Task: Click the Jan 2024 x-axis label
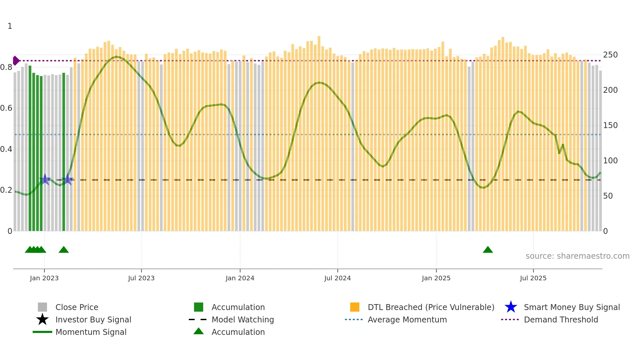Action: (x=240, y=278)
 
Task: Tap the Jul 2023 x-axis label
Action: (x=141, y=278)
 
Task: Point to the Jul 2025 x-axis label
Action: (x=533, y=278)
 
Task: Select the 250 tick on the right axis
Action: (x=610, y=55)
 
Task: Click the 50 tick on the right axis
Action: (x=608, y=196)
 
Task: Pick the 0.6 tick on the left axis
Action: (x=6, y=108)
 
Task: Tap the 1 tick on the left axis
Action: (x=10, y=26)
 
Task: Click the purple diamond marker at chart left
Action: (x=16, y=61)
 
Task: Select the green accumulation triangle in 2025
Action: (x=488, y=250)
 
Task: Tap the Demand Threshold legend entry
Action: (x=561, y=320)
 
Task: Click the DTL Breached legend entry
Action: (x=431, y=307)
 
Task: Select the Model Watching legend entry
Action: (x=243, y=320)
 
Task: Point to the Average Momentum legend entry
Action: (x=407, y=320)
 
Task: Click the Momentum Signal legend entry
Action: (x=91, y=332)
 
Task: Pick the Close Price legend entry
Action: (x=77, y=307)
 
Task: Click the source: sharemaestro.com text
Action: (x=577, y=256)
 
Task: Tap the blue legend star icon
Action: (x=511, y=307)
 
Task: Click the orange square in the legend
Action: (x=355, y=307)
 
